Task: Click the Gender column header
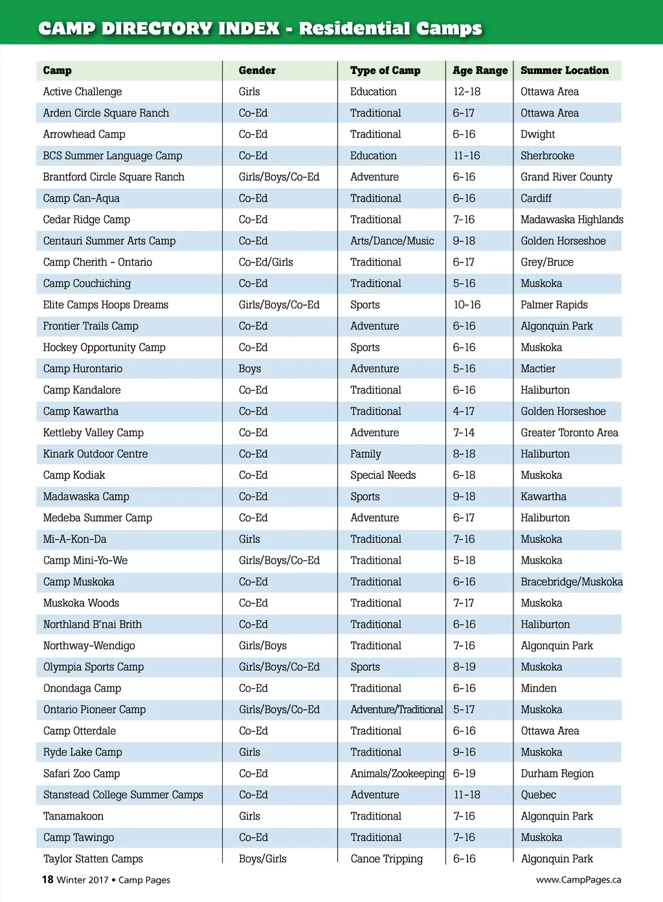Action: coord(257,71)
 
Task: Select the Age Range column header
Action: coord(480,71)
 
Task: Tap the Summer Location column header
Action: coord(565,71)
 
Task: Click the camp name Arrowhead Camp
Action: coord(84,134)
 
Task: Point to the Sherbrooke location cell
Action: coord(547,156)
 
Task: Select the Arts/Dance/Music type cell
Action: coord(392,241)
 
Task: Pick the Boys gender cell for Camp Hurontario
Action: coord(249,369)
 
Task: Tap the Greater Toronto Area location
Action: coord(569,433)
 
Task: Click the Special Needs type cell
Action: coord(383,475)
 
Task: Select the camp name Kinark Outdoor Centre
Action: coord(95,454)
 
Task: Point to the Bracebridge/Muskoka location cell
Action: coord(571,582)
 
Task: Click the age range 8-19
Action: coord(464,667)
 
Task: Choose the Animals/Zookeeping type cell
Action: coord(397,774)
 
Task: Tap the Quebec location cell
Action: coord(538,795)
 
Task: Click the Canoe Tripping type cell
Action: coord(387,859)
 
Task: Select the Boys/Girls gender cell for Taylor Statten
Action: coord(262,859)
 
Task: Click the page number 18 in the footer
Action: coord(47,879)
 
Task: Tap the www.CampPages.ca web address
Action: coord(578,880)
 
